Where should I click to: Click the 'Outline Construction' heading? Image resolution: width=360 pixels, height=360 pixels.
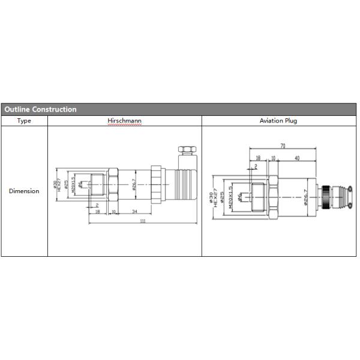[x=41, y=110]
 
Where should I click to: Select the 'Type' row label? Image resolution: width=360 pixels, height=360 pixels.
[x=24, y=121]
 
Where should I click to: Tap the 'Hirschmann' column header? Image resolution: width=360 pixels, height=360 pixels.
[x=124, y=121]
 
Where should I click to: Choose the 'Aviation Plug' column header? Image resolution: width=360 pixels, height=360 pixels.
[x=278, y=121]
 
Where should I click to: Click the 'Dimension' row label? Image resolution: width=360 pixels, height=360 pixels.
[x=24, y=191]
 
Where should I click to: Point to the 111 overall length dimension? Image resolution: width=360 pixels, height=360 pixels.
[x=142, y=221]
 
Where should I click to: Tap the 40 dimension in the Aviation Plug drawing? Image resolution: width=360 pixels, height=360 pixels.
[x=297, y=158]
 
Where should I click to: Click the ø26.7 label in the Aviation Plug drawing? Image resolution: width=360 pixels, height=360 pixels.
[x=305, y=197]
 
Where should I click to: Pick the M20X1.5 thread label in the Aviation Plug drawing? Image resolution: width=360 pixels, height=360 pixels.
[x=231, y=196]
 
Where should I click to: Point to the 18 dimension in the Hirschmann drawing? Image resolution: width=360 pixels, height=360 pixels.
[x=97, y=211]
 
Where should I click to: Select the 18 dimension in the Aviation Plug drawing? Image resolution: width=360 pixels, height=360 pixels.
[x=257, y=158]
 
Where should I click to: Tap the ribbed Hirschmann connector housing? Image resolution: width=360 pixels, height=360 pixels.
[x=184, y=179]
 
